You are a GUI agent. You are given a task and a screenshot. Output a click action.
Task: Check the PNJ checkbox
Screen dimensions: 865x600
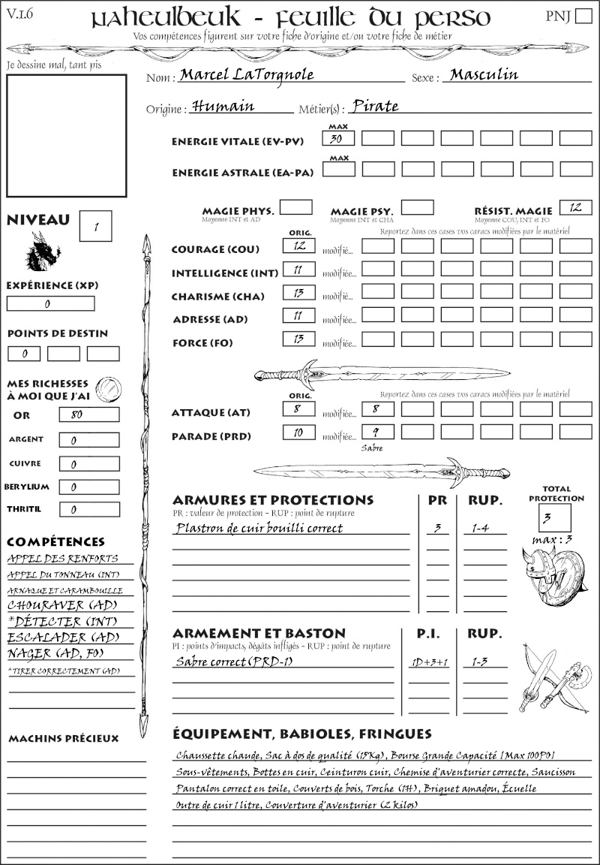[582, 17]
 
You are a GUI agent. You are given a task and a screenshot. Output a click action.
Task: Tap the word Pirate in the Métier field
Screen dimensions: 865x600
[375, 106]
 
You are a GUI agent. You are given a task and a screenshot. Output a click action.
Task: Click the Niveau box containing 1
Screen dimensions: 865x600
[97, 225]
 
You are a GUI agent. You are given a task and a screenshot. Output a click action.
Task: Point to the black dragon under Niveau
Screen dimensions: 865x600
[42, 252]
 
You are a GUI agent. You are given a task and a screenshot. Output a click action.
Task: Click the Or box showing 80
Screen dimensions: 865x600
[88, 414]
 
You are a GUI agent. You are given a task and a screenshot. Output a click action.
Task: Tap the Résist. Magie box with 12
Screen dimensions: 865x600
[575, 207]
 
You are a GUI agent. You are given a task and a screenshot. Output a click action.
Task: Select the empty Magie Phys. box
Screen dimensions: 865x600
[296, 207]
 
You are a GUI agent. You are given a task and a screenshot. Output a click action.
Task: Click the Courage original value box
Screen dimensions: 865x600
[298, 246]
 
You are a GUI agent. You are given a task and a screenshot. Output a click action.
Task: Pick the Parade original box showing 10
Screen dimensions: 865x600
[298, 432]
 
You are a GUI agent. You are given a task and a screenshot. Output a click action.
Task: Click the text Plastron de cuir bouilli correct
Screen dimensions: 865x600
[259, 528]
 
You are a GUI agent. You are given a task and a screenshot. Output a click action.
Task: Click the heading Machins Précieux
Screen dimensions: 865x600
[64, 739]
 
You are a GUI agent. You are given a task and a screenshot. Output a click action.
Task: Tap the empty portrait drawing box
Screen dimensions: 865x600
[66, 135]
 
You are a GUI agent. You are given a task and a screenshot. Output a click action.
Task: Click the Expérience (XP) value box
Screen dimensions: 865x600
[50, 304]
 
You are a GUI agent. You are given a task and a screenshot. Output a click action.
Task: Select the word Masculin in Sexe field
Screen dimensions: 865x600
[481, 75]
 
